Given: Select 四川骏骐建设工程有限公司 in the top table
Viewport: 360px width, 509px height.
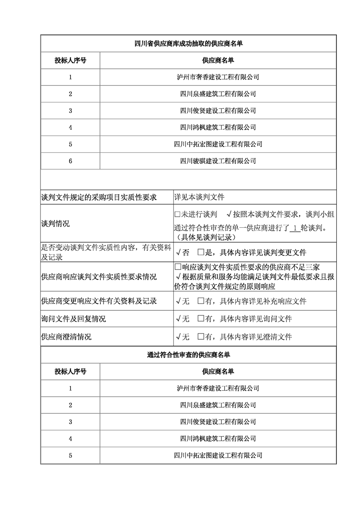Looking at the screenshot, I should click(x=218, y=161).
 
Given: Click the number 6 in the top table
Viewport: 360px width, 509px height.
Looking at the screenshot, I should click(x=70, y=161).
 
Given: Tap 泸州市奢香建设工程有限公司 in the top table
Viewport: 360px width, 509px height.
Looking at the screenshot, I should click(x=218, y=77).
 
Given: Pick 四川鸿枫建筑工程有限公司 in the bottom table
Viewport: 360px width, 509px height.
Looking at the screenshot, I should click(x=218, y=439).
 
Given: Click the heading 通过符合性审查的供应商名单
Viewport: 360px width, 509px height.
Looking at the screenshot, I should click(x=188, y=354).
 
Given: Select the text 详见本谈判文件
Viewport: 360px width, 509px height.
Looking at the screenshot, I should click(x=199, y=197).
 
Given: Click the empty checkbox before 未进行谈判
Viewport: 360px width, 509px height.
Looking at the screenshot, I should click(x=178, y=214).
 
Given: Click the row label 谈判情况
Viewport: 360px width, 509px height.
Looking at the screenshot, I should click(x=55, y=224).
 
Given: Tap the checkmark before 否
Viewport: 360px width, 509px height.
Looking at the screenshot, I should click(x=178, y=252).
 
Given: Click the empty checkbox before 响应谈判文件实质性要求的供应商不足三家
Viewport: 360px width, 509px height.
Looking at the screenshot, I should click(x=178, y=267).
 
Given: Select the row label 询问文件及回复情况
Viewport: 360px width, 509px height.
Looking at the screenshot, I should click(x=73, y=319).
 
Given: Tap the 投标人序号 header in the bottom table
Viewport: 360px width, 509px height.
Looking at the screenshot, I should click(x=70, y=372).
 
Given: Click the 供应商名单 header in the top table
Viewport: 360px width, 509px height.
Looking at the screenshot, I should click(x=218, y=60).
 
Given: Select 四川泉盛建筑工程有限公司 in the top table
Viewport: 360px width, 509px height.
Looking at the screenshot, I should click(x=218, y=94).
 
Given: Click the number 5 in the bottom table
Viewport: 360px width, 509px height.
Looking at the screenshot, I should click(x=70, y=455).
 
